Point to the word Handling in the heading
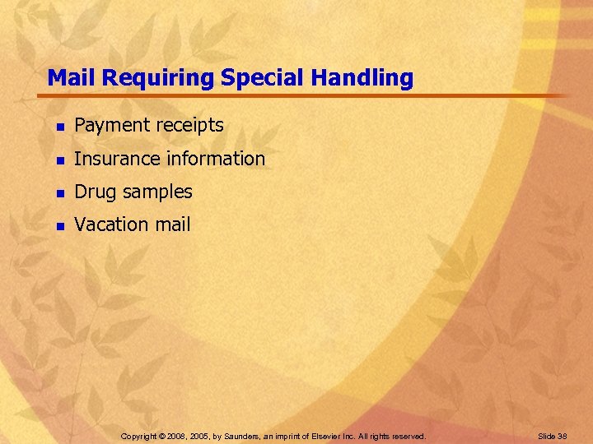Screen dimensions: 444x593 click(x=362, y=78)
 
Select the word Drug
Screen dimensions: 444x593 click(x=93, y=192)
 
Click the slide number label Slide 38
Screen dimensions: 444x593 click(x=553, y=436)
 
